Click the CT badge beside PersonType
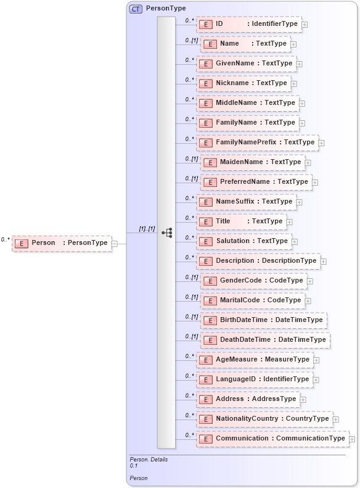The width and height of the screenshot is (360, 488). tap(136, 9)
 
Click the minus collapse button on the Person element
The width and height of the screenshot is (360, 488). tap(115, 244)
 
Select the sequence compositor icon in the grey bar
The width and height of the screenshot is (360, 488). tap(166, 233)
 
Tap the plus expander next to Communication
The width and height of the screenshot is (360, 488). tap(353, 439)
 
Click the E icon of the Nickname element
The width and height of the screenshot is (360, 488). tap(206, 83)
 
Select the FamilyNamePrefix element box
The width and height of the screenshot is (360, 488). tap(258, 143)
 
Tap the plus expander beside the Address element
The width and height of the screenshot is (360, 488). tap(303, 400)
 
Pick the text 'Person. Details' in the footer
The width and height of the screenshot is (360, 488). tap(149, 460)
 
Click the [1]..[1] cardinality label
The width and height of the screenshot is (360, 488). tap(147, 229)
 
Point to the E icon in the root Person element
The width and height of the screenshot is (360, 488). tap(22, 244)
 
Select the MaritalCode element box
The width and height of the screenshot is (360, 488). tap(255, 300)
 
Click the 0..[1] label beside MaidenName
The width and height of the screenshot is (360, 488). tap(191, 159)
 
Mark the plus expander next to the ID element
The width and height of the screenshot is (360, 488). tap(305, 25)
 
